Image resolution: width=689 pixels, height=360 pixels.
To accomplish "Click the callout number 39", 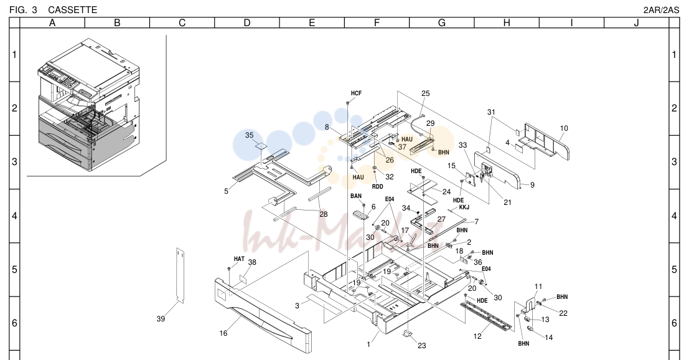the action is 161,319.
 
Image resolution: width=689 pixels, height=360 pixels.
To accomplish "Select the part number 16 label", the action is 223,333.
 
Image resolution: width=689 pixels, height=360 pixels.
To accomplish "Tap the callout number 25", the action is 425,93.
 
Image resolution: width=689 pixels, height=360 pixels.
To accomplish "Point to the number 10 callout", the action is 564,128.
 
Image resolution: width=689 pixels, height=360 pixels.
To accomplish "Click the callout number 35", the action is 249,135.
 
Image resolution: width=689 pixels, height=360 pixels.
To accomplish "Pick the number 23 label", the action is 422,346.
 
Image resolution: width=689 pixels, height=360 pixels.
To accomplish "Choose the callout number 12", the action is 477,336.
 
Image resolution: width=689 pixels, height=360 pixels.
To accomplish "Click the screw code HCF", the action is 357,93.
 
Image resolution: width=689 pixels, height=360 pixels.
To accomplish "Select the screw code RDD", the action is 377,186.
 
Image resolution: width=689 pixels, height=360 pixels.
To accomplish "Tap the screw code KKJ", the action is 464,207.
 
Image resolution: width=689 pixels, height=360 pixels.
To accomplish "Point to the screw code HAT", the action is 239,259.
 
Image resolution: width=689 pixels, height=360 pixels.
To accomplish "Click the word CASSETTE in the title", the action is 72,10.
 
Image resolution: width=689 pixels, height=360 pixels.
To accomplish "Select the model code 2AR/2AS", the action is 661,10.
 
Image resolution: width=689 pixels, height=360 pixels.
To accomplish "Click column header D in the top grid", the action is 247,23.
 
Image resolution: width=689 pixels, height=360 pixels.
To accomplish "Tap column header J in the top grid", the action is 636,23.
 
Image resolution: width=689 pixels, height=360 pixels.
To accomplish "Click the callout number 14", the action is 548,338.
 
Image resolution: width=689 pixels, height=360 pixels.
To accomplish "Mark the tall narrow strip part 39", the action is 180,275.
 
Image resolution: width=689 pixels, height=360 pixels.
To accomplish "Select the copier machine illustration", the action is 90,105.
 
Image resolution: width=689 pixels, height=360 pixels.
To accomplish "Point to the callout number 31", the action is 491,112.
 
